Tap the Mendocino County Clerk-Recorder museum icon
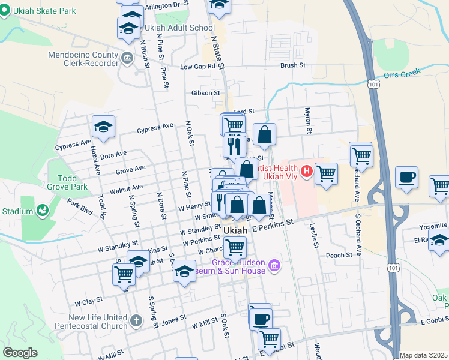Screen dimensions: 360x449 coord(127,58)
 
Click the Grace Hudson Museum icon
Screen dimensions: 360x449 coord(274,265)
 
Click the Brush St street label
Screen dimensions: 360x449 coord(293,65)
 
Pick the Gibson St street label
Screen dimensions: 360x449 coord(206,93)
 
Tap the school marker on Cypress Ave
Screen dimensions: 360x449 coord(103,127)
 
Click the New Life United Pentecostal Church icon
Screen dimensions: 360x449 coord(136,320)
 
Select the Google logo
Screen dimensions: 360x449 coord(20,352)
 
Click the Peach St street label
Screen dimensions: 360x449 coord(339,255)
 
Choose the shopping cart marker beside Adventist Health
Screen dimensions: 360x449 coord(326,173)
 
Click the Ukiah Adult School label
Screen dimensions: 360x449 coord(179,28)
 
